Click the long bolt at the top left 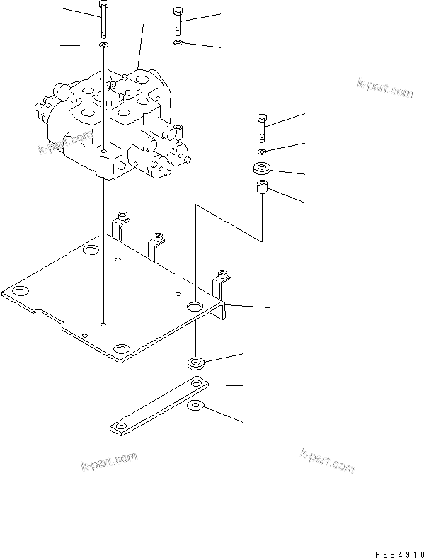coord(103,19)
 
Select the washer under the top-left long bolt coord(103,45)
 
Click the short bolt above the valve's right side coord(177,21)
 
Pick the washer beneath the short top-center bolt coord(177,44)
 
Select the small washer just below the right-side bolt coord(263,152)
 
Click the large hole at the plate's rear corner coord(91,251)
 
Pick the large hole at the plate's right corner coord(196,307)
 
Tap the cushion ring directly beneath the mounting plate coord(195,364)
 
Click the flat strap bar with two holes coord(159,406)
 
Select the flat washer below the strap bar coord(195,406)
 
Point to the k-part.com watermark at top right coord(384,89)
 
